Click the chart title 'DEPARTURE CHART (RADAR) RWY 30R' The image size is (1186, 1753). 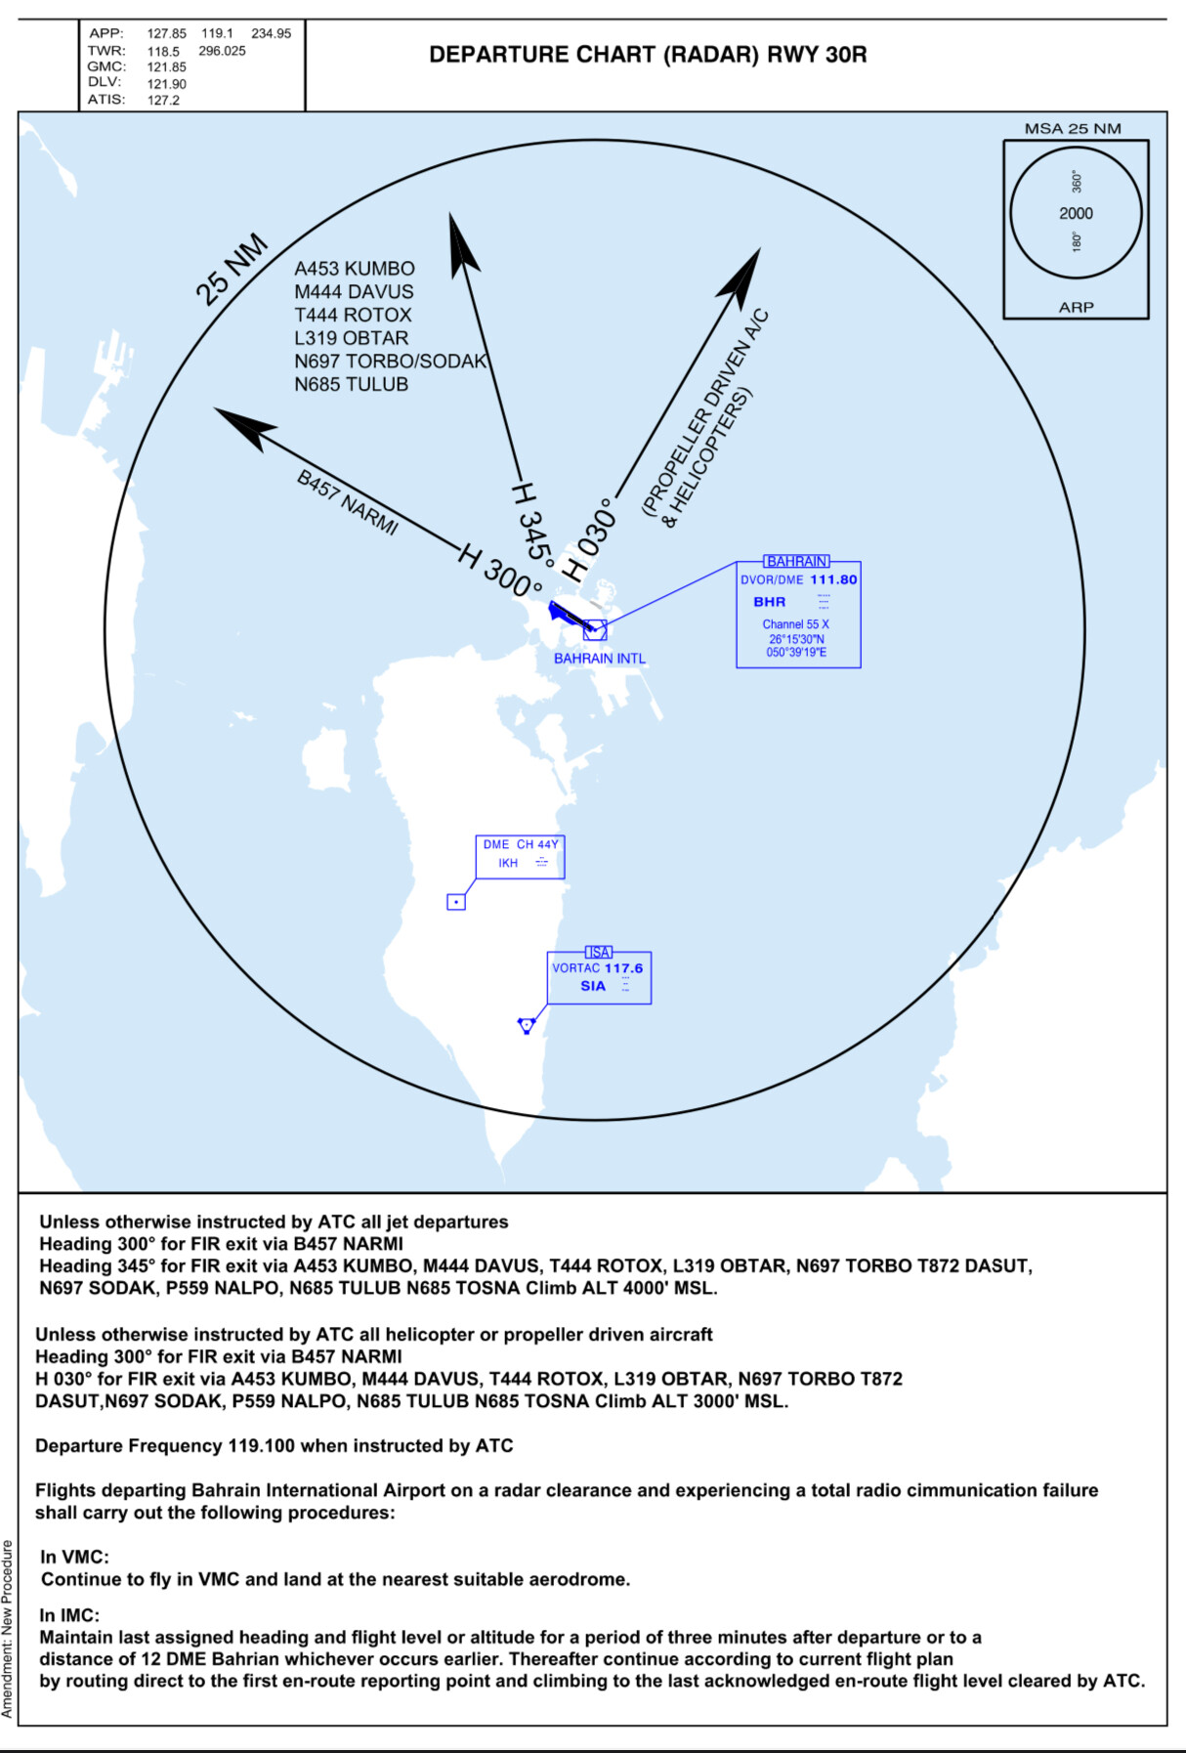[x=648, y=55]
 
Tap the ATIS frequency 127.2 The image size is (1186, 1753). [x=163, y=101]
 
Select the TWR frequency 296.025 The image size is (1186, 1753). [x=222, y=51]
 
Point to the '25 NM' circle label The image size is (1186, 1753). [x=231, y=269]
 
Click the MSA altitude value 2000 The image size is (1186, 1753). [x=1076, y=213]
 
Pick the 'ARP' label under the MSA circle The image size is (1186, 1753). [x=1076, y=307]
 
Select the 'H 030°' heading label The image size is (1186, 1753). [x=592, y=539]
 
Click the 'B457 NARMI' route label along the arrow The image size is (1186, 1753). [x=348, y=502]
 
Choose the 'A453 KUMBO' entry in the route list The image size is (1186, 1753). [x=355, y=269]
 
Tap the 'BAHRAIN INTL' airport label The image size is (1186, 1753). [x=600, y=659]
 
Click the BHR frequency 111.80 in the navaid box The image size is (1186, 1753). [x=833, y=579]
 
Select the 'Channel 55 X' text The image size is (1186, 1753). [x=795, y=624]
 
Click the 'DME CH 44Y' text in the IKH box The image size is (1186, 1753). [x=521, y=844]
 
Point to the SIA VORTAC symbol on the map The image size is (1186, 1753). [x=527, y=1024]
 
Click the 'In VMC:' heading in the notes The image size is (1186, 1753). [x=74, y=1557]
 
